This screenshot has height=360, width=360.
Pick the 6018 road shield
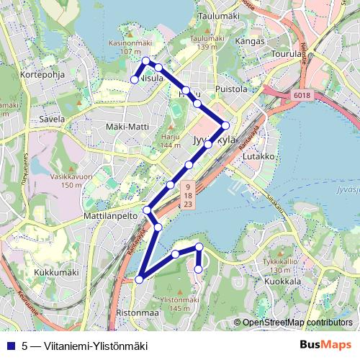301,94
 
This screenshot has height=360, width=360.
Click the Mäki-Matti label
127,127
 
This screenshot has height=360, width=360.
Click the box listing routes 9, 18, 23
187,196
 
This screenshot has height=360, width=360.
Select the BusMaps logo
326,345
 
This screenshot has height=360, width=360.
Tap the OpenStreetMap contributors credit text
297,323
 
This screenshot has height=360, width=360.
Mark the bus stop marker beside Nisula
134,79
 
